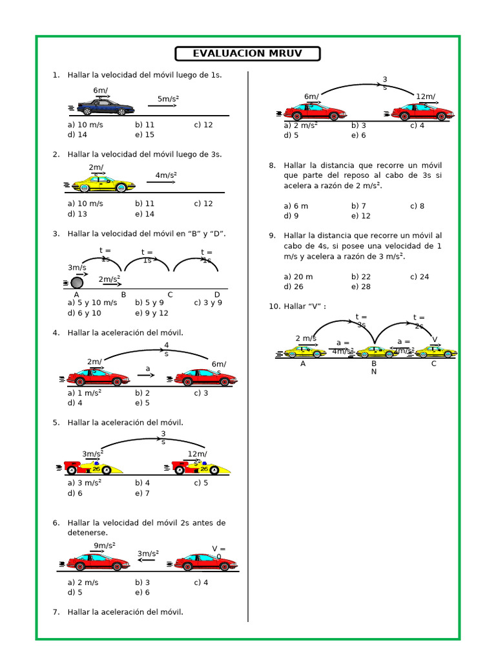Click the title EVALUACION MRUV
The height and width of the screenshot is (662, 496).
(247, 54)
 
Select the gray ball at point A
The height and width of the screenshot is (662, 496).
(77, 283)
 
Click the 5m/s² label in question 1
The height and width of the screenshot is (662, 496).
(168, 99)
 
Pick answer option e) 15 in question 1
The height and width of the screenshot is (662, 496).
(145, 135)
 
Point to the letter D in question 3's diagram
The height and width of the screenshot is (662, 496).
(217, 295)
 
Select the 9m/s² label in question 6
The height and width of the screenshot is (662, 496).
(104, 546)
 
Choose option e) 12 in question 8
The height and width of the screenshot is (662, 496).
(361, 217)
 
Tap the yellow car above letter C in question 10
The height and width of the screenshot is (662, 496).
(435, 352)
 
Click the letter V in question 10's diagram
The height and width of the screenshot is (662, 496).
(435, 339)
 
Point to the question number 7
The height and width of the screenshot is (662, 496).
(56, 612)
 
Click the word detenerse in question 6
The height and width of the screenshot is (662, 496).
(87, 533)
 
